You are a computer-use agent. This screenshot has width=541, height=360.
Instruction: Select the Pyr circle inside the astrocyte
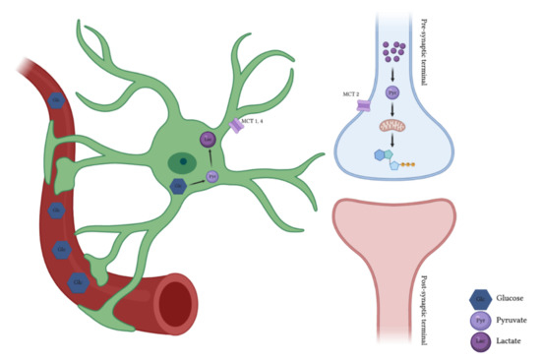(x=212, y=177)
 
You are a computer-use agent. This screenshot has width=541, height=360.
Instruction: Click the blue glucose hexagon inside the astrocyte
(x=179, y=186)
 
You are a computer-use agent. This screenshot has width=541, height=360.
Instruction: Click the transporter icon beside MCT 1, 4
(x=237, y=127)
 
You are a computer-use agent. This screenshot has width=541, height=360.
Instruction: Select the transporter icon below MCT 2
(x=363, y=105)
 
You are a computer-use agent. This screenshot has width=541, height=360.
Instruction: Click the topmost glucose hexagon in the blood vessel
(x=58, y=101)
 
